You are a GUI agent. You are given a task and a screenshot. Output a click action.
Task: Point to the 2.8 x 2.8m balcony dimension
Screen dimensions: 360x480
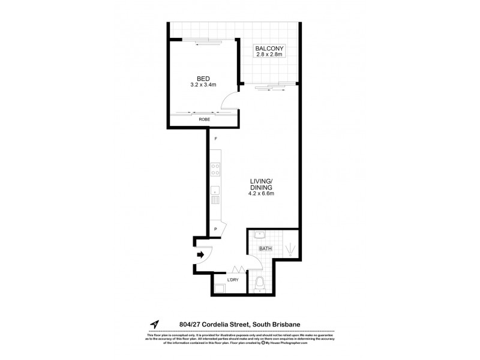269,55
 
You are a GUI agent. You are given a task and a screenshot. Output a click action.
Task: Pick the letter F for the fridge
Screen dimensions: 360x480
215,139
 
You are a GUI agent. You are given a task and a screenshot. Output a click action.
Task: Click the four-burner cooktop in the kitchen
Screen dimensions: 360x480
215,170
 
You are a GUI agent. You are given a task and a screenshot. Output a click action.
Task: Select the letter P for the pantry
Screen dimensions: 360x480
215,229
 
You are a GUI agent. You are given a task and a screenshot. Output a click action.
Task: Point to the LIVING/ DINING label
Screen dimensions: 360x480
262,182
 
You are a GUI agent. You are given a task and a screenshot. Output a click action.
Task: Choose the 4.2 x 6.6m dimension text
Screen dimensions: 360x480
262,193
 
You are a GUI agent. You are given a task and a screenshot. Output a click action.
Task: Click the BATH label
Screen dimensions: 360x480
265,248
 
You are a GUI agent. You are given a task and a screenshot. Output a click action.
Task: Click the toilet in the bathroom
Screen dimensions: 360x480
259,281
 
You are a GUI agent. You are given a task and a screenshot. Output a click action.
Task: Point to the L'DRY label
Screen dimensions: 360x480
233,278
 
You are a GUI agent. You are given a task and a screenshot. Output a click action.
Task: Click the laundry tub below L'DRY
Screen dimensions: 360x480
218,287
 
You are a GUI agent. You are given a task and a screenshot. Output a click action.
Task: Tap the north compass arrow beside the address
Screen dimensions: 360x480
155,325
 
